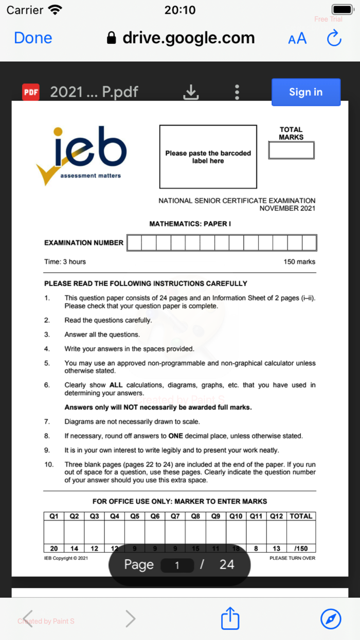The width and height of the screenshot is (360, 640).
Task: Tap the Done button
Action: point(33,38)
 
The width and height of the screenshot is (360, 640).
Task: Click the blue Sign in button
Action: point(305,92)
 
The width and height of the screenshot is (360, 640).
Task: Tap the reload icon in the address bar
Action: point(334,38)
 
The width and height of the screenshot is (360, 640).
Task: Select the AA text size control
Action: point(297,38)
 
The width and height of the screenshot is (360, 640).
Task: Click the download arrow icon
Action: point(191,92)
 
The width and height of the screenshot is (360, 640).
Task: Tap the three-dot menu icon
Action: point(237,92)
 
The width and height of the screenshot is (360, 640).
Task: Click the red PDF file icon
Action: point(31,92)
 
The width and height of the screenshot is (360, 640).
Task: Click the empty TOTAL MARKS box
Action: point(291,150)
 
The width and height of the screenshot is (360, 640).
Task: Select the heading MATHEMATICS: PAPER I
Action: point(190,224)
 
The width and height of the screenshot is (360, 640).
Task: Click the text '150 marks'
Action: point(299,262)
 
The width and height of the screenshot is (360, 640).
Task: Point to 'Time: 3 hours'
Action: point(65,262)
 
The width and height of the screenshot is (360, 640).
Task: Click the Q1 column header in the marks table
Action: point(54,516)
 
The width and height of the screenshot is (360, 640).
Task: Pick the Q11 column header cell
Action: point(256,516)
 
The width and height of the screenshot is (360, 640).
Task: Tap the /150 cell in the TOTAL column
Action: point(301,548)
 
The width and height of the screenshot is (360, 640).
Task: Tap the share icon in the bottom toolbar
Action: point(230,618)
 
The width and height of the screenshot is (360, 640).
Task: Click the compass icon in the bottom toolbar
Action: point(331,618)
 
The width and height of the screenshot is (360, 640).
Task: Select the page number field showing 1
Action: point(177,565)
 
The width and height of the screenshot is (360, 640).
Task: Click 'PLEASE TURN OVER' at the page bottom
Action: point(292,558)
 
